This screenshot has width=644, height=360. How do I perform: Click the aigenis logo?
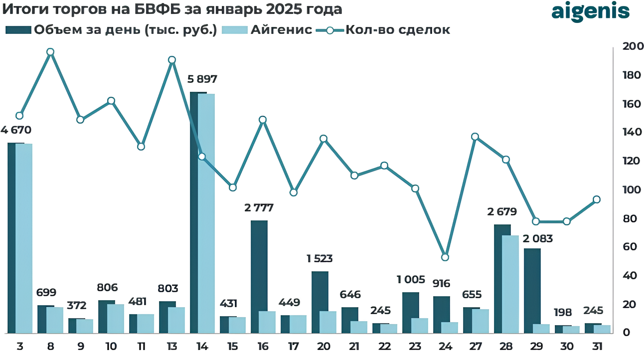pos(590,12)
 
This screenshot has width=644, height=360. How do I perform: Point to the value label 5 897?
pos(202,79)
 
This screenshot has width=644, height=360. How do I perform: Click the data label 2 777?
pos(259,207)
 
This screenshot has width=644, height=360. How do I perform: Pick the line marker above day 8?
pos(50,52)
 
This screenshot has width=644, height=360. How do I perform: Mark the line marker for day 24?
pos(445,257)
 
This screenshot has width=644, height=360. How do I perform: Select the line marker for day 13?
pos(172,60)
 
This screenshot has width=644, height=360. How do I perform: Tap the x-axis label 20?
pos(324,347)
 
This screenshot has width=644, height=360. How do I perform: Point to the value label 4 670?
pos(16,131)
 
